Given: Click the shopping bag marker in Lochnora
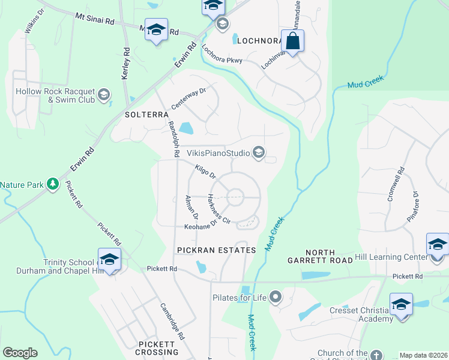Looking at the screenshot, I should pyautogui.click(x=292, y=42).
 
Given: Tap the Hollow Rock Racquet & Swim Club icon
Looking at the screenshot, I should pyautogui.click(x=104, y=95).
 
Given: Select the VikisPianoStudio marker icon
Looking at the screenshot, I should pyautogui.click(x=259, y=153).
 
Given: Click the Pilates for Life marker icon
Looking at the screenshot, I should pyautogui.click(x=276, y=297).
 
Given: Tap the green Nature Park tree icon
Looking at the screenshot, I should pyautogui.click(x=53, y=184).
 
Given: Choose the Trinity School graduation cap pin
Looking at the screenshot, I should pyautogui.click(x=109, y=260).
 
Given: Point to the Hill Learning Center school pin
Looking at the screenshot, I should pyautogui.click(x=438, y=245).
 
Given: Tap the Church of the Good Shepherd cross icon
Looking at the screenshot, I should pyautogui.click(x=376, y=355).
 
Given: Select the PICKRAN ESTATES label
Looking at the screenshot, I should pyautogui.click(x=216, y=250).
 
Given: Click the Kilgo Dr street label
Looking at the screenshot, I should pyautogui.click(x=205, y=173).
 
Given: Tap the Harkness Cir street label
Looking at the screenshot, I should pyautogui.click(x=218, y=209).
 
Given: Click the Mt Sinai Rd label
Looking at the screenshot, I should pyautogui.click(x=94, y=20).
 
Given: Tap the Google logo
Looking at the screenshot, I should pyautogui.click(x=20, y=353).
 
